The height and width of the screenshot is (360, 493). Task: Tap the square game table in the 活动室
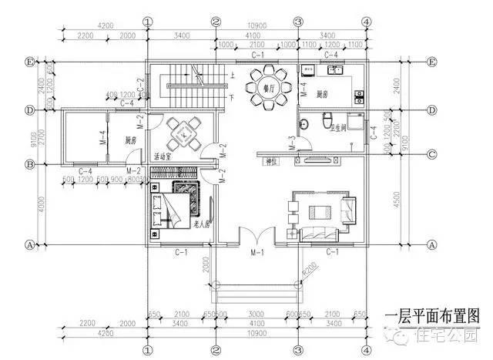(x=185, y=133)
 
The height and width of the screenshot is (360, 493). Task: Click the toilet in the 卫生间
(x=328, y=121)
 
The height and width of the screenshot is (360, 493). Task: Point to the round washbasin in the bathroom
(x=307, y=123)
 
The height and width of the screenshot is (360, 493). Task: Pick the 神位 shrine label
(x=271, y=162)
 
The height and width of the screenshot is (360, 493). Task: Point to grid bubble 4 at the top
(x=367, y=21)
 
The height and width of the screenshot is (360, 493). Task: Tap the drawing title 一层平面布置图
(x=434, y=316)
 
